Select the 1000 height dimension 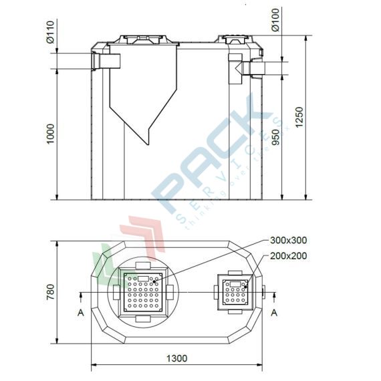tap(50, 135)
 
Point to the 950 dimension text tap(275, 137)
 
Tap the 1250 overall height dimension tap(299, 119)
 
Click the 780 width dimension tap(50, 291)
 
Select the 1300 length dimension tap(176, 359)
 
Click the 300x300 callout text tap(289, 240)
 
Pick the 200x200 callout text tap(289, 255)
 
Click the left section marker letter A tap(80, 312)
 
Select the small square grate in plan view tap(236, 292)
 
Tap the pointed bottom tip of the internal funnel tap(146, 142)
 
